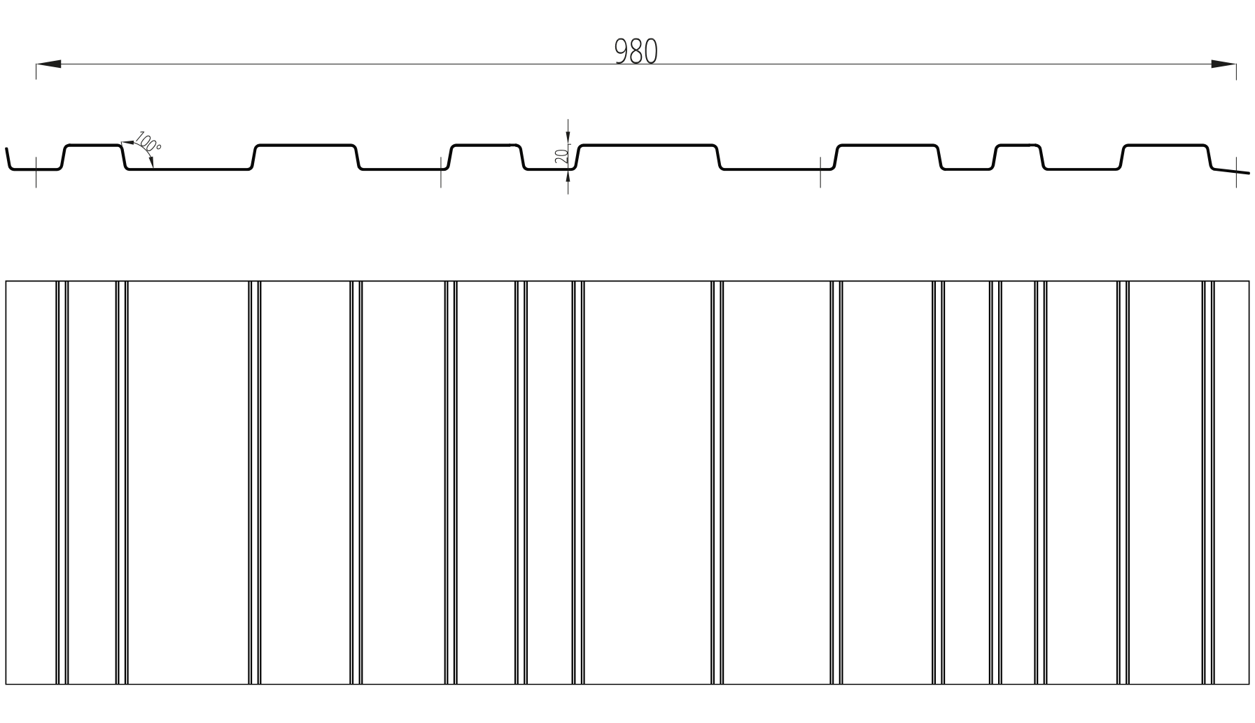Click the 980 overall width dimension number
636,52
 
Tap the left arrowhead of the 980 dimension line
48,64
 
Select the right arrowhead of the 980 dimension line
1224,64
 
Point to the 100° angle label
148,142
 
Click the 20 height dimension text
561,156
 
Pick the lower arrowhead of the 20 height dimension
568,178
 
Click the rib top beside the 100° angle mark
93,145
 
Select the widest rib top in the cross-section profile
647,145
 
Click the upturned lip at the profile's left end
8,159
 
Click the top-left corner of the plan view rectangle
6,281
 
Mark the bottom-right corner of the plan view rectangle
1249,684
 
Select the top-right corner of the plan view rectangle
1249,281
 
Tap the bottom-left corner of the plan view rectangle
6,684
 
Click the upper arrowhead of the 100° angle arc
127,143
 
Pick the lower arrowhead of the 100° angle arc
152,162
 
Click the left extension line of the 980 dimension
36,70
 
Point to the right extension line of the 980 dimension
1236,70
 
